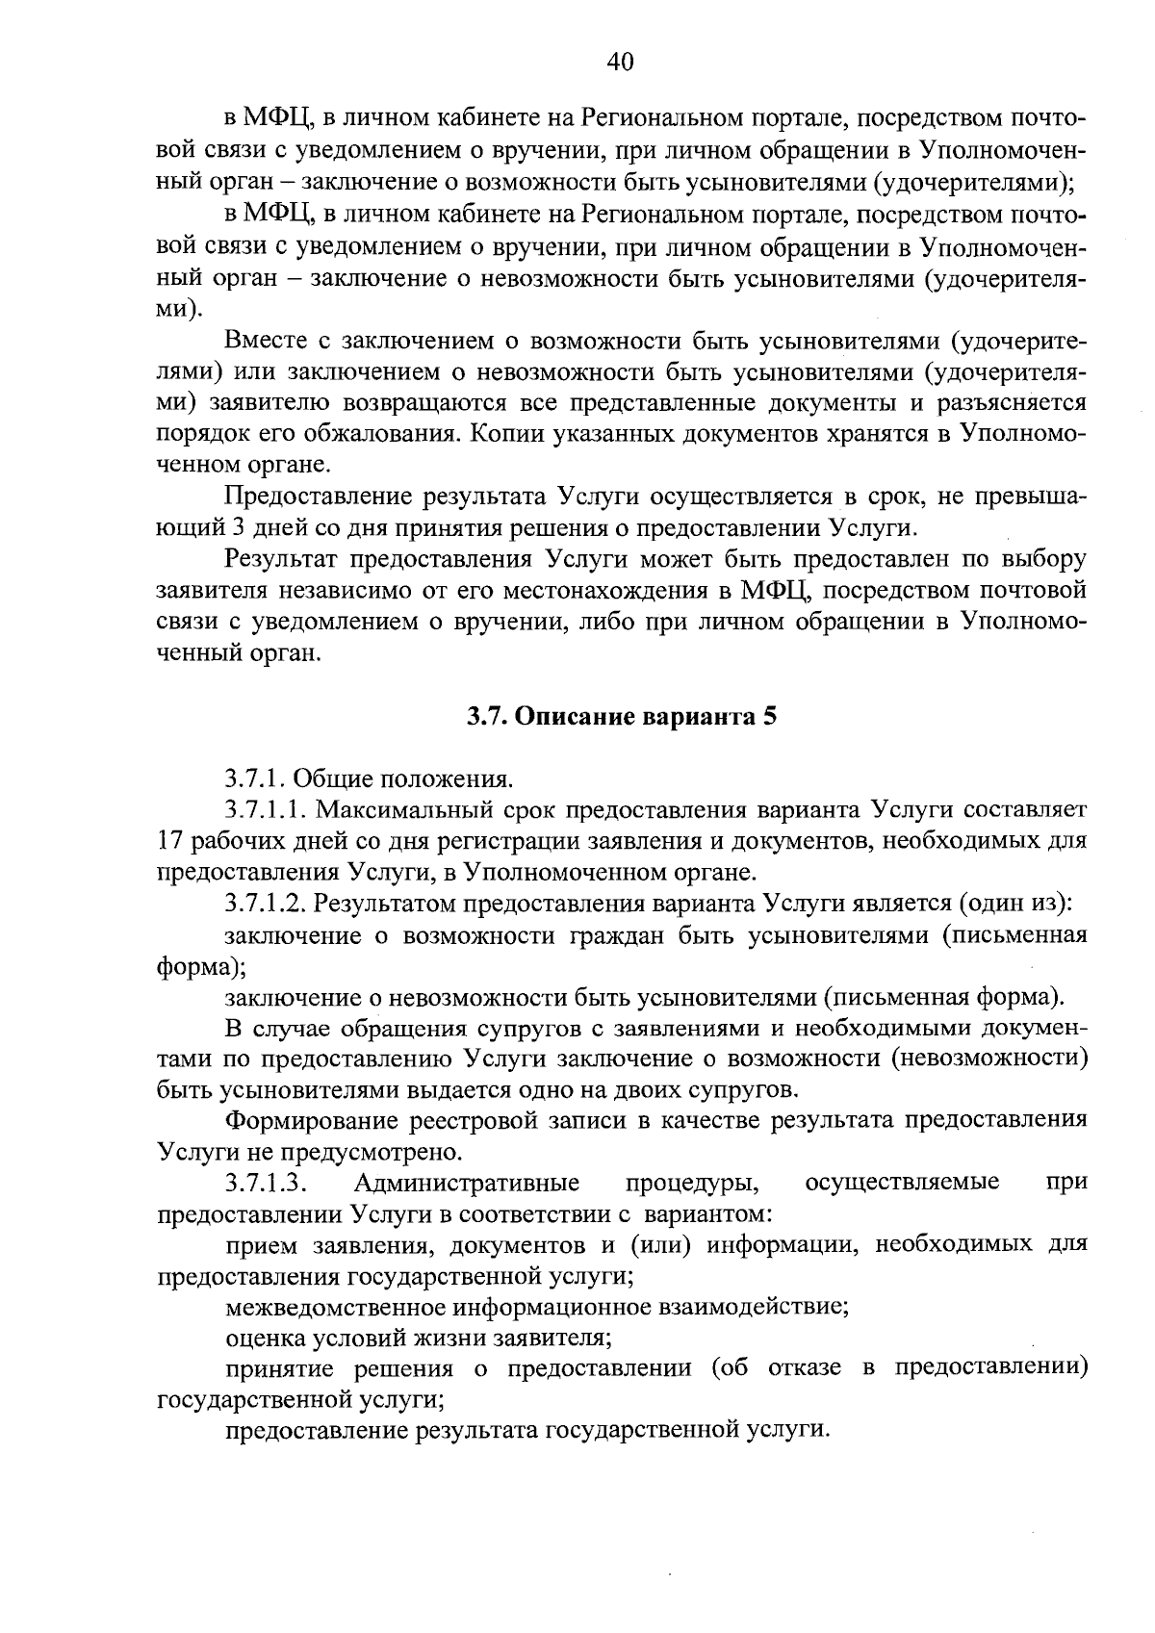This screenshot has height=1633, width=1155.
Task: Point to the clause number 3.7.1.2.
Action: [x=265, y=904]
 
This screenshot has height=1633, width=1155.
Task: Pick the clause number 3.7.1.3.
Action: [x=265, y=1183]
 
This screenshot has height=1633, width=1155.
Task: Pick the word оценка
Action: [x=263, y=1339]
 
